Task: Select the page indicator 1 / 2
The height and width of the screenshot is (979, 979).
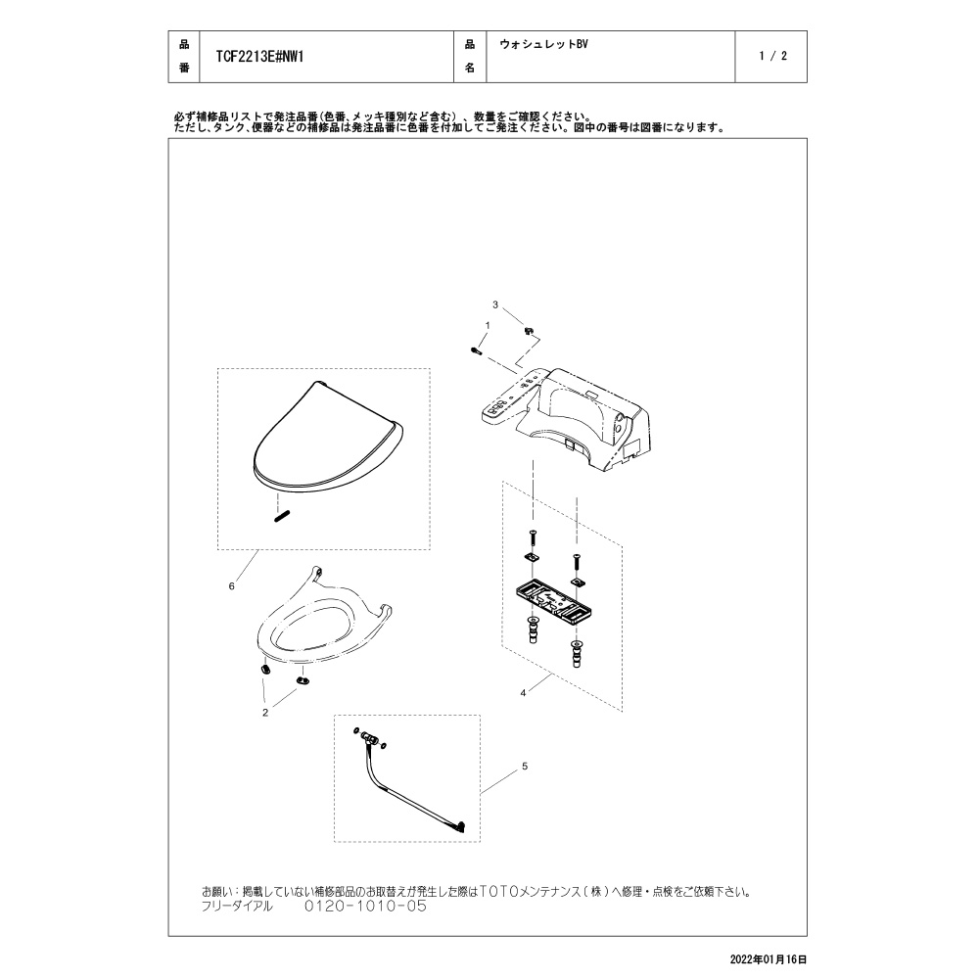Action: [772, 57]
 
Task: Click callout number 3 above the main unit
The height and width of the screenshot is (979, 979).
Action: [495, 305]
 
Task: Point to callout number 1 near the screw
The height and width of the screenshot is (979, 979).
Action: [487, 324]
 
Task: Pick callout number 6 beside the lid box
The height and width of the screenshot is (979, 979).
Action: [231, 585]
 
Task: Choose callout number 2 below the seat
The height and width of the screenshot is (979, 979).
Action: [264, 713]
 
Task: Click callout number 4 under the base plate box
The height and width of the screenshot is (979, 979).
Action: [524, 692]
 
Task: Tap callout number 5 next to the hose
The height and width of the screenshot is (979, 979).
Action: [524, 766]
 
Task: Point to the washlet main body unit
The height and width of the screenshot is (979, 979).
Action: [587, 416]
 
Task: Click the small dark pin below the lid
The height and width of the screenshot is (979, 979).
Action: [281, 514]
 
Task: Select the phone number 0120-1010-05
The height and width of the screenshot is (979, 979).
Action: [365, 907]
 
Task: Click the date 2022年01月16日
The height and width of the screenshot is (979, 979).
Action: [769, 960]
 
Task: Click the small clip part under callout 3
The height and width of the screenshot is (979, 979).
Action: [528, 332]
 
